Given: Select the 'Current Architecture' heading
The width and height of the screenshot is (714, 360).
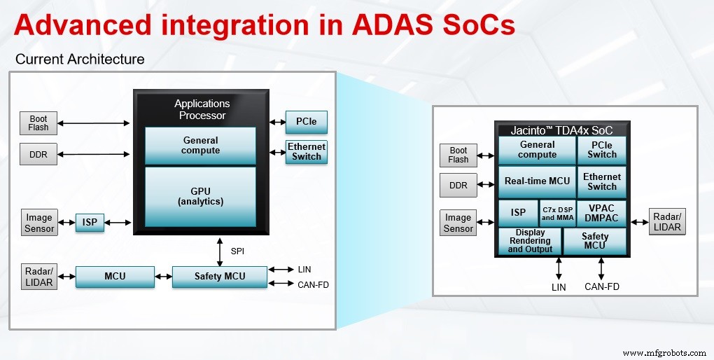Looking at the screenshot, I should click(x=80, y=59).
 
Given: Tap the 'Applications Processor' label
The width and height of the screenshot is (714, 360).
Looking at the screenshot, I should click(x=202, y=109).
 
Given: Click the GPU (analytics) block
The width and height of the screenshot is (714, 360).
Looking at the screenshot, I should click(x=200, y=196).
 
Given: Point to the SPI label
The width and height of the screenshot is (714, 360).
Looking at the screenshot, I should click(x=237, y=250).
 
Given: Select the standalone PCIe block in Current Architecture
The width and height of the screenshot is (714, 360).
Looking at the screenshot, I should click(x=306, y=122).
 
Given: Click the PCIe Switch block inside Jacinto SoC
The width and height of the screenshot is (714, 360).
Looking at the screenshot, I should click(x=601, y=150).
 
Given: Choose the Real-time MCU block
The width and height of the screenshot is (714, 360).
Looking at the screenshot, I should click(x=537, y=181).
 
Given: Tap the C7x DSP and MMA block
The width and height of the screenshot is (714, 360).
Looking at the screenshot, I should click(x=557, y=214).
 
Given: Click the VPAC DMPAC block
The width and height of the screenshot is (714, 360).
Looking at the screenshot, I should click(x=601, y=213).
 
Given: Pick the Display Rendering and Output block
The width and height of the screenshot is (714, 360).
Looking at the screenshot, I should click(x=530, y=241).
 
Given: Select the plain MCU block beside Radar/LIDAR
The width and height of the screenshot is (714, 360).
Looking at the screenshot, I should click(x=115, y=276).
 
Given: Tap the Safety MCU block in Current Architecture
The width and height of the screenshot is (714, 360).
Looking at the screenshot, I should click(x=219, y=276).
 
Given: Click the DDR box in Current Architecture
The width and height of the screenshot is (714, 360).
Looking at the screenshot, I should click(x=38, y=155).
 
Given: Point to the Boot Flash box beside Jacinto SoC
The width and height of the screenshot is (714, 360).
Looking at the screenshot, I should click(x=458, y=155).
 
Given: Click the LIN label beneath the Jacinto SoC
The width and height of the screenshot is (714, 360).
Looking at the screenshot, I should click(x=558, y=286).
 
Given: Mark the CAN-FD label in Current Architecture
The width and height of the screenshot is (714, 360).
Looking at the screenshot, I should click(x=312, y=284).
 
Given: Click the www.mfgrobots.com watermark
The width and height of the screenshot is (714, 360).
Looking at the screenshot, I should click(x=664, y=352).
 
